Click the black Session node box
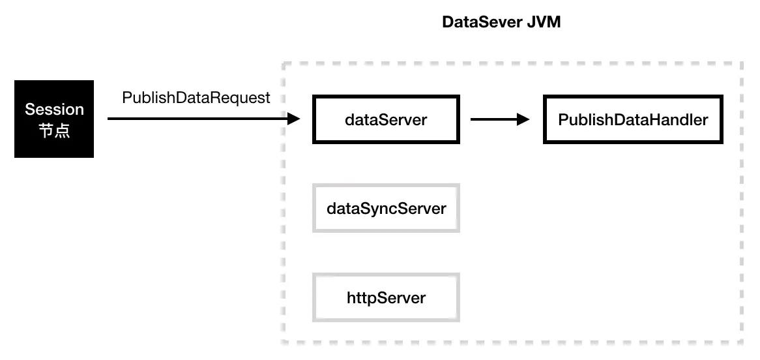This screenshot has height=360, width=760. pyautogui.click(x=54, y=119)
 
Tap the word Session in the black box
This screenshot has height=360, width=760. pyautogui.click(x=54, y=109)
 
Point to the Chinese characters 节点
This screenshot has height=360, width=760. pyautogui.click(x=54, y=130)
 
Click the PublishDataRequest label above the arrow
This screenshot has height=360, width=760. pyautogui.click(x=196, y=98)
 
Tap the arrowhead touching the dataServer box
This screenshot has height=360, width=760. pyautogui.click(x=294, y=119)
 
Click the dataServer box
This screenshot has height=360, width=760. pyautogui.click(x=386, y=120)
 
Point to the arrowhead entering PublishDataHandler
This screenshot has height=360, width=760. pyautogui.click(x=522, y=119)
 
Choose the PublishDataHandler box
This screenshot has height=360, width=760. pyautogui.click(x=632, y=120)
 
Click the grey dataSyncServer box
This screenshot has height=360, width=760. pyautogui.click(x=386, y=208)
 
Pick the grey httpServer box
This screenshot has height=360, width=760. pyautogui.click(x=386, y=297)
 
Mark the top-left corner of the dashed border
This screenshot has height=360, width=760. pyautogui.click(x=283, y=63)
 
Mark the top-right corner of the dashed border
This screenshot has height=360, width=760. pyautogui.click(x=742, y=63)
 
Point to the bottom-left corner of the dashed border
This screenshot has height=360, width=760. pyautogui.click(x=283, y=342)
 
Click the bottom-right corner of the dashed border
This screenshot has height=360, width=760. pyautogui.click(x=742, y=342)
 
